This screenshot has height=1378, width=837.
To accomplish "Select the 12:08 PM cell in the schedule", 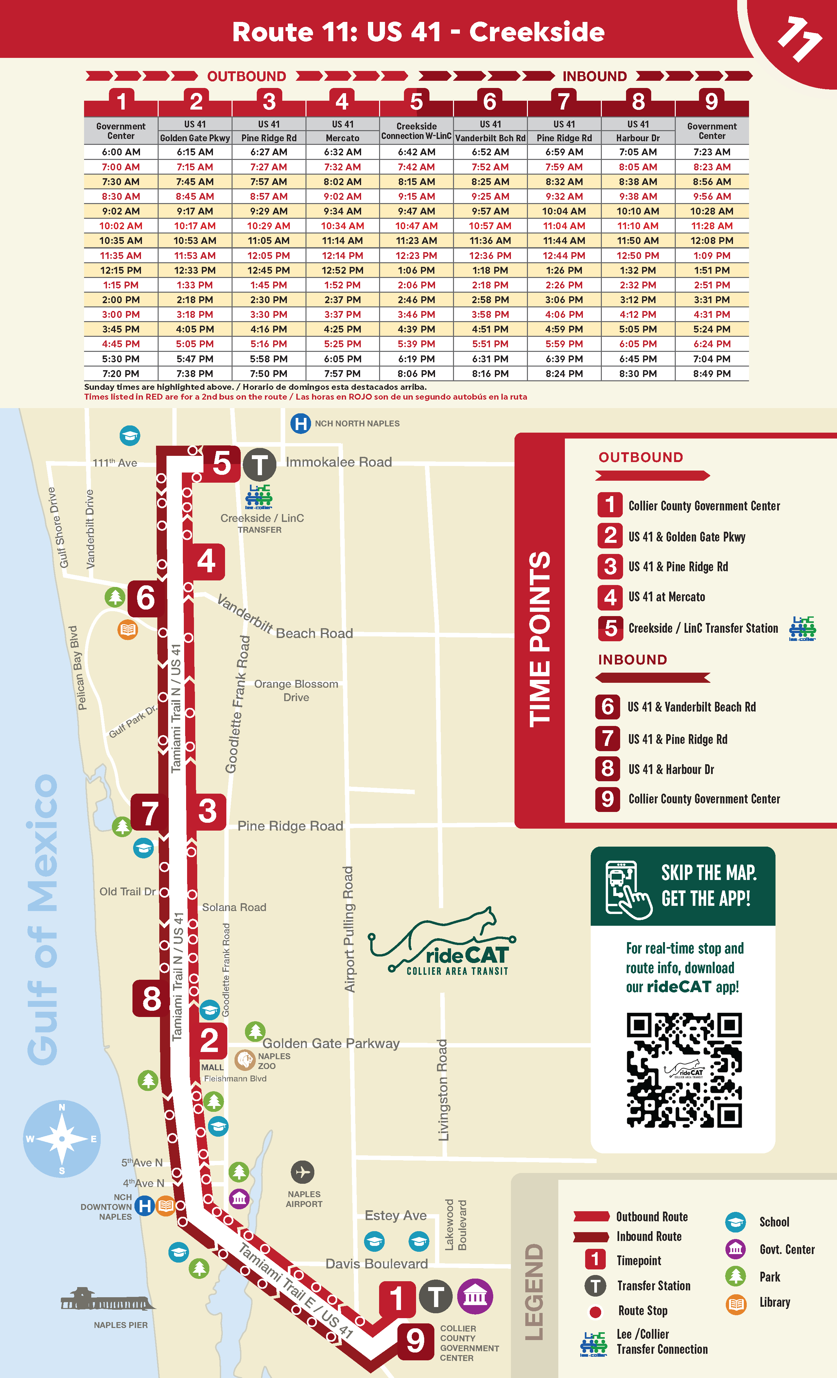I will [712, 240].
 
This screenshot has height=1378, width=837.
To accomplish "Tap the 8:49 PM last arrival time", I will [712, 373].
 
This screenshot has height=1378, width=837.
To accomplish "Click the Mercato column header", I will [342, 138].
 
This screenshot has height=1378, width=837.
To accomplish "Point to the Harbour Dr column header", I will [638, 138].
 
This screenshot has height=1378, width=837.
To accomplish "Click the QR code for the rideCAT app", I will [684, 1070].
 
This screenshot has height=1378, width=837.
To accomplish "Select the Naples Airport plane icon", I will [303, 1172].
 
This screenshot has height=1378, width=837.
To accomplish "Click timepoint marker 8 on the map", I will [151, 999].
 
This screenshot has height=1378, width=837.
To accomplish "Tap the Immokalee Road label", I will [339, 462].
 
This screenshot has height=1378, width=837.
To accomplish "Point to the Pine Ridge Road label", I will [290, 826].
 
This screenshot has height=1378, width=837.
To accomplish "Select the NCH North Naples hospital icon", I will [301, 423].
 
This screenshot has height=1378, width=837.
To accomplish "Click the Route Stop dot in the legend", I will [595, 1311].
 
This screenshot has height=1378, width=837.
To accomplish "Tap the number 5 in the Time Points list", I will [610, 629].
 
